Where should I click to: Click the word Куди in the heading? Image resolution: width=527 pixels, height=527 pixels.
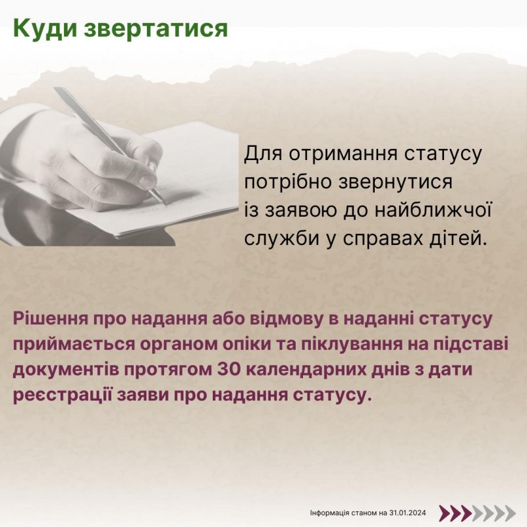coord(44,28)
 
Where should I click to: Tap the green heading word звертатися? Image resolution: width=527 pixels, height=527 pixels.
coord(155,28)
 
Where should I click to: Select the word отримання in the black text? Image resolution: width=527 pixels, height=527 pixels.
coord(342,155)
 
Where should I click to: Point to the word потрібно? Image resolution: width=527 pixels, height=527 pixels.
coord(288,183)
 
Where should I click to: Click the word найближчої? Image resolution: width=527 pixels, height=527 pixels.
coord(433,210)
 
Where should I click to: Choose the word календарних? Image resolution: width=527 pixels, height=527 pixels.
coord(301,370)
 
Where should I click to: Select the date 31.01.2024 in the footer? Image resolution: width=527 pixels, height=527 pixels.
coord(408,513)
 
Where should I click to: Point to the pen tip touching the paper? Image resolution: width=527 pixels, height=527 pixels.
coord(165,203)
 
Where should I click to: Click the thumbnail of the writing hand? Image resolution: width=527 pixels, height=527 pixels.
coord(119,166)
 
